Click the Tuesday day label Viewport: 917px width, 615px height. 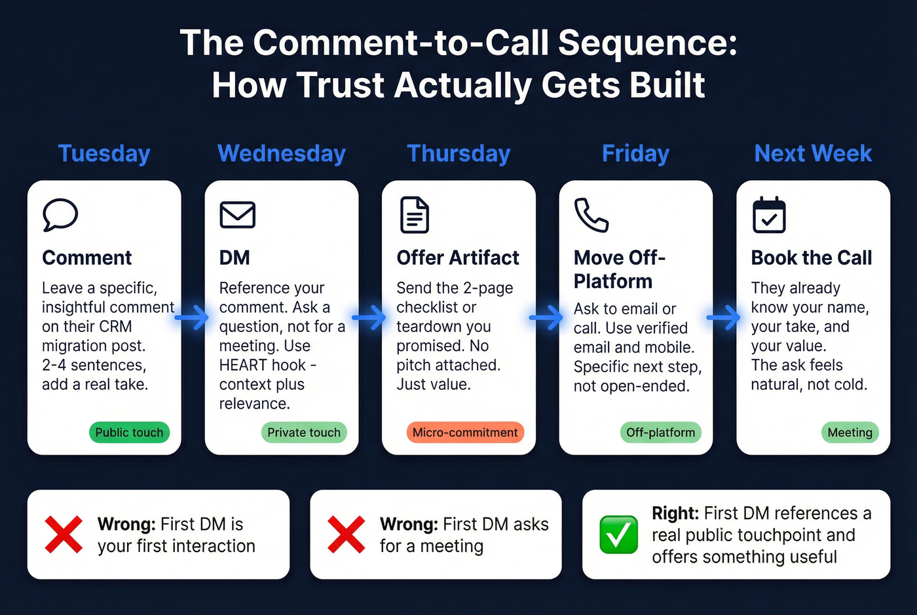[104, 153]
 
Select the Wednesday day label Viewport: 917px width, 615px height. [282, 153]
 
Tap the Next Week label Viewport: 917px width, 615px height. [813, 153]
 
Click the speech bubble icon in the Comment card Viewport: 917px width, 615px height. [60, 215]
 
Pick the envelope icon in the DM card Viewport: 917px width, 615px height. [237, 215]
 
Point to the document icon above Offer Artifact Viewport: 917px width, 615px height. [415, 215]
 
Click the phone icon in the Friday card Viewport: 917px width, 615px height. [591, 215]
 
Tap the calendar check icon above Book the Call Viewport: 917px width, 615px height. [769, 215]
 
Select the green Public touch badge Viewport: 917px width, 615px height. [129, 432]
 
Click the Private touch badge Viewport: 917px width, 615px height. [304, 432]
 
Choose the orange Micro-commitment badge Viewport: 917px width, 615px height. [465, 432]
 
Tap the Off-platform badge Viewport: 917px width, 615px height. [660, 432]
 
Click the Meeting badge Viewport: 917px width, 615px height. [850, 432]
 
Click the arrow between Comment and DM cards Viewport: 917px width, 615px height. [192, 318]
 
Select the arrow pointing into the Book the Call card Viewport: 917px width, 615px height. [724, 318]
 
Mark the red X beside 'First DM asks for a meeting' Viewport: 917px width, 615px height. [346, 534]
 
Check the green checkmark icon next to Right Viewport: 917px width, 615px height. [618, 534]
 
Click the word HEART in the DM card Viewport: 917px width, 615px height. [244, 365]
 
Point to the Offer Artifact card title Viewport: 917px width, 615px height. [458, 257]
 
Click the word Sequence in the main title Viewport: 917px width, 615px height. [646, 43]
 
